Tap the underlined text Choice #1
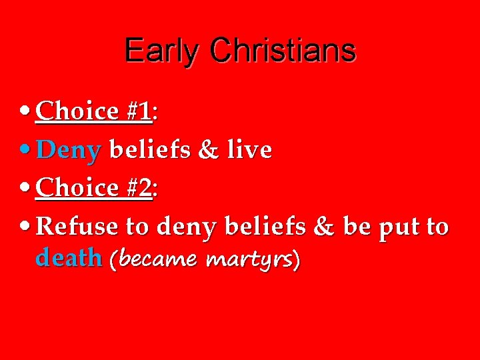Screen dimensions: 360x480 (x=94, y=111)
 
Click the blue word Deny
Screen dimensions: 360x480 (x=69, y=150)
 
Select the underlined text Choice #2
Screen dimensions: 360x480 (x=94, y=188)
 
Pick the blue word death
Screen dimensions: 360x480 (x=68, y=257)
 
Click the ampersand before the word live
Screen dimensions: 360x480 (x=207, y=150)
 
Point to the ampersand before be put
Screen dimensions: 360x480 (x=323, y=227)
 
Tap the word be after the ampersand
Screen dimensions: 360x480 (x=357, y=227)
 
